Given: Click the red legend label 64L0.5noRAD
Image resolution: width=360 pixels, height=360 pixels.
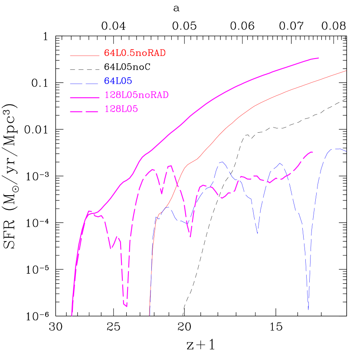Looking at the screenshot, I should pos(135,53).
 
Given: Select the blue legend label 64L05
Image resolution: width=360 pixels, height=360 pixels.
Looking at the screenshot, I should pos(118,81).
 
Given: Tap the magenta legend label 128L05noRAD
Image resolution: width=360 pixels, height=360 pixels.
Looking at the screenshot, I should pos(136,95).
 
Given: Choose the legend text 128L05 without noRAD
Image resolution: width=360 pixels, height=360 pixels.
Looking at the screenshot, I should pos(121,110).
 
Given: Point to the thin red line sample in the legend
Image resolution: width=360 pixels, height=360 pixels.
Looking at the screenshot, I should pos(85,56).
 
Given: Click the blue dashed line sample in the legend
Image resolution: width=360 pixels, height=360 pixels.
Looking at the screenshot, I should pos(85,82).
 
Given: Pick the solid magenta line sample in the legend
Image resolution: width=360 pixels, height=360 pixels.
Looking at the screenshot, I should pos(85,97).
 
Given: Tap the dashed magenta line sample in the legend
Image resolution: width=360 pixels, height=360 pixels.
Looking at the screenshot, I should pos(85,112).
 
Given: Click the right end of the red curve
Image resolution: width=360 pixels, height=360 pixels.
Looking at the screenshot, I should pos(347,70).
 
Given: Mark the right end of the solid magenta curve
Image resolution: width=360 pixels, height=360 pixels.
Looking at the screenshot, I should pos(319,58).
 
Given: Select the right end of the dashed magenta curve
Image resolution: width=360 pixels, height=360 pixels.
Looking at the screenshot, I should pos(313,152).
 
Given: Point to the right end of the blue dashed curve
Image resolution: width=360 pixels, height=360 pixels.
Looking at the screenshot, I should pos(346,151).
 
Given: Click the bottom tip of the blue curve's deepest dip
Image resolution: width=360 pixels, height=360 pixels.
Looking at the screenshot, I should pos(308,309).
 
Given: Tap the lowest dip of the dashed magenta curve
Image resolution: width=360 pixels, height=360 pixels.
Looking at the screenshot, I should pos(126,306).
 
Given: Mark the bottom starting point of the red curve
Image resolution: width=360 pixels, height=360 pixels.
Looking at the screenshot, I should pos(149,315).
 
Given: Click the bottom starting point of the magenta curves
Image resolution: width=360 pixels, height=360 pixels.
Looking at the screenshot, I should pos(72,315).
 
